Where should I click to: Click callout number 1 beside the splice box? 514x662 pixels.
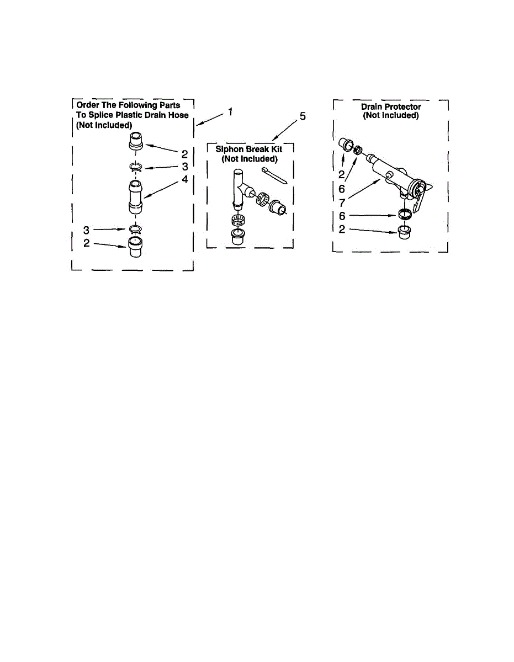click(x=230, y=112)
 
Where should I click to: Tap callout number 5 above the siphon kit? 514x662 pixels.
click(x=303, y=116)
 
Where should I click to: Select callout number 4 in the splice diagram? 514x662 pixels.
click(x=185, y=179)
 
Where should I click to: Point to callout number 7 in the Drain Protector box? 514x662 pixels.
click(x=342, y=202)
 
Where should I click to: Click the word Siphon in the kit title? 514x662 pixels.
click(x=229, y=150)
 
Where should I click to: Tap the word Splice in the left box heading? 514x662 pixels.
click(x=102, y=115)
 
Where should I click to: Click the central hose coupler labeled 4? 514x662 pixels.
click(x=136, y=197)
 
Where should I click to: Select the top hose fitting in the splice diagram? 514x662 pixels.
click(x=136, y=141)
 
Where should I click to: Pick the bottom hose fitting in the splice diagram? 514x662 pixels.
click(x=136, y=247)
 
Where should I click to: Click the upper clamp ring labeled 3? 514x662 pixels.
click(x=136, y=167)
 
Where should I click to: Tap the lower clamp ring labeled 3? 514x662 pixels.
click(x=136, y=229)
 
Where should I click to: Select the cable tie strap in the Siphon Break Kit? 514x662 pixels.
click(x=274, y=175)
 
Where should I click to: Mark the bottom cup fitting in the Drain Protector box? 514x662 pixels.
click(x=404, y=233)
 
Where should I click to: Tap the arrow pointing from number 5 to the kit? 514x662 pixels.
click(x=284, y=130)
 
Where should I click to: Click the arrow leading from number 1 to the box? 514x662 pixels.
click(x=209, y=119)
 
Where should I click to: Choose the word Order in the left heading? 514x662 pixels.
click(x=88, y=105)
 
